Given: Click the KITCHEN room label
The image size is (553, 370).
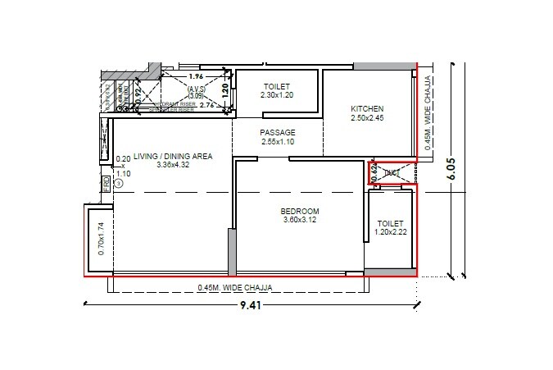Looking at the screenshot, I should coord(367,109).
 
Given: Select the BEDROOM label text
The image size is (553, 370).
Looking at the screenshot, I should coord(301,211).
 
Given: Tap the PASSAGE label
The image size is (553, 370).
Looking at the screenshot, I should coord(278,132).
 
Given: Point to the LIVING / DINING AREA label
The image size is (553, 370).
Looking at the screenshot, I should coord(174,155).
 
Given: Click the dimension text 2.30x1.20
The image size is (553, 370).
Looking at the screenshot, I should coord(277,95).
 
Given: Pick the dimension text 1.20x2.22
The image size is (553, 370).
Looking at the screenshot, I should coord(391,231).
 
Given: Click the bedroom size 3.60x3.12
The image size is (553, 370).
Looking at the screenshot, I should coord(301,220).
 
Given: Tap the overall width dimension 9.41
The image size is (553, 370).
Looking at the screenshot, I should coord(252,307).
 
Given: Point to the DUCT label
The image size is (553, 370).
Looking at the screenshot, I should coord(391,172).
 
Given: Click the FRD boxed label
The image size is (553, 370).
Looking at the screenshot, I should coord(105,184).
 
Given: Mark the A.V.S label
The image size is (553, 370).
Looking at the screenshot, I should coord(197,89).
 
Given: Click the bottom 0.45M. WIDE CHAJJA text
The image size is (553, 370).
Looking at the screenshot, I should coord(234,287).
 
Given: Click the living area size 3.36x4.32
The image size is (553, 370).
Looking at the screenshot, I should coord(174,164).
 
